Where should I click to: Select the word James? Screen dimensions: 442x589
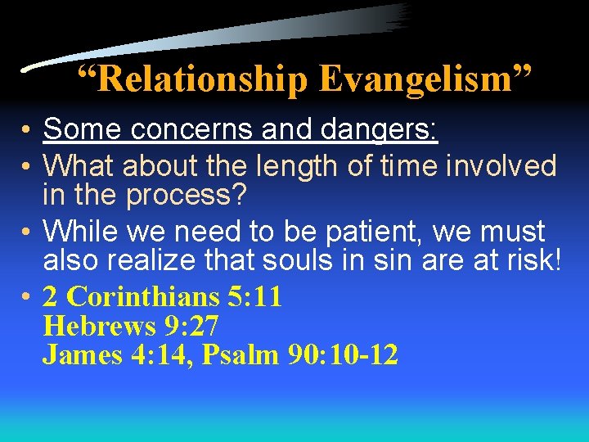click(77, 355)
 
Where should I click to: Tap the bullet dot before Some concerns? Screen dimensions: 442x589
click(27, 130)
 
